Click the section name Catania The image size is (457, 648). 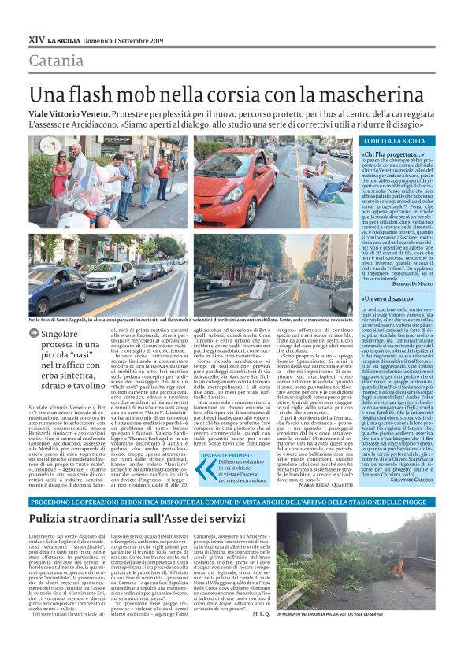[55, 61]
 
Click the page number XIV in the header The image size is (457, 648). [35, 37]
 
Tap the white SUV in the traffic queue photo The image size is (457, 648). [110, 276]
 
